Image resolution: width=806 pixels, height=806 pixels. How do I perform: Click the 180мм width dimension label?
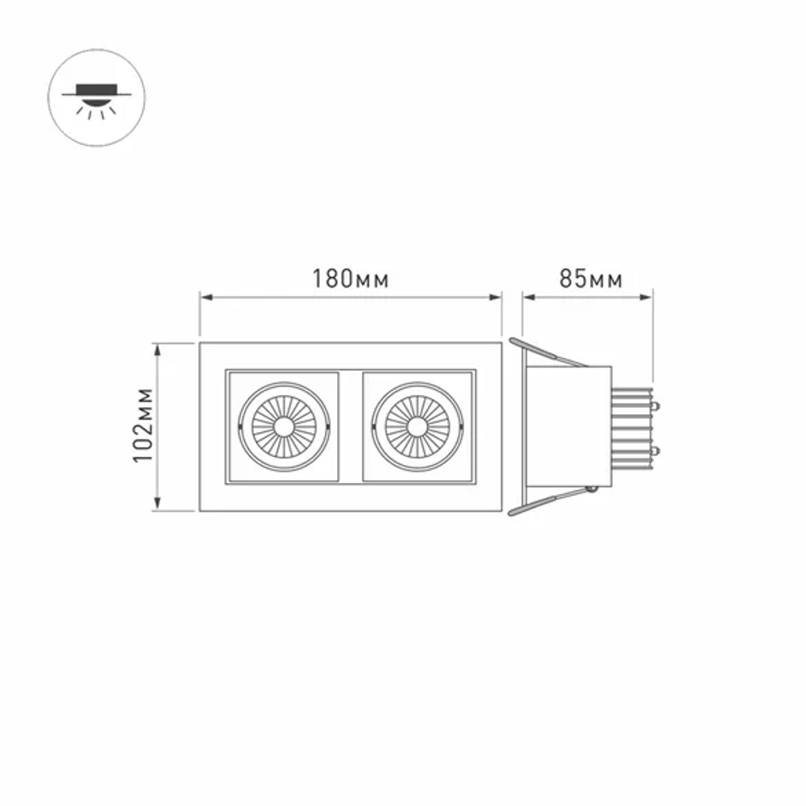(351, 279)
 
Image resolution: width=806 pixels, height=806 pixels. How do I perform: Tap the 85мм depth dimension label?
(591, 279)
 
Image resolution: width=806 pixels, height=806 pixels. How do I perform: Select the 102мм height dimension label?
(143, 426)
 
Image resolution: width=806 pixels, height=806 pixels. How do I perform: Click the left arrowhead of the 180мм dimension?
(206, 297)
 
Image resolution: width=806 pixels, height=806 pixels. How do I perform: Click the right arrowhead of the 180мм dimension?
(496, 297)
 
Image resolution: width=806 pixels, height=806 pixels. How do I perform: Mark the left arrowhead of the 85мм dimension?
(529, 297)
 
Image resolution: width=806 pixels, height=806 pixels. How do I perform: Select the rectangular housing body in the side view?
(568, 427)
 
